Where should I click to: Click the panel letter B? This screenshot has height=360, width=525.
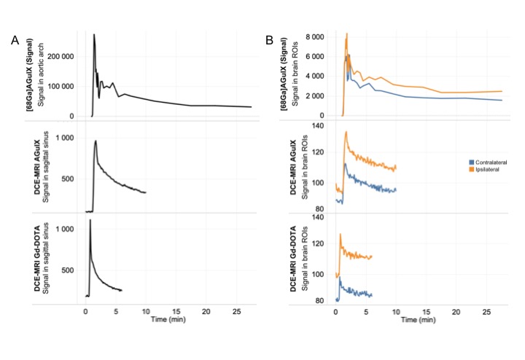[269, 41]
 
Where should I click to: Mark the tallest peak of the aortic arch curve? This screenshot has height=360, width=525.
[93, 34]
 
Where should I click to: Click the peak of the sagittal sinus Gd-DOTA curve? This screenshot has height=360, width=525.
[90, 220]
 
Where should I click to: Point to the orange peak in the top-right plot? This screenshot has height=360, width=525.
[346, 34]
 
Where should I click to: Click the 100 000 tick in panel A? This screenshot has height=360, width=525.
[61, 86]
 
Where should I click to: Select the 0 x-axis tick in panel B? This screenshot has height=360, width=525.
[335, 310]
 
